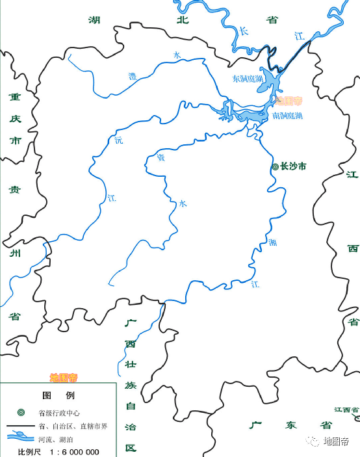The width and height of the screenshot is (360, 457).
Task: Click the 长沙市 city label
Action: [293, 166]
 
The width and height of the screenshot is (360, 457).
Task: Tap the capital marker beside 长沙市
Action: [275, 166]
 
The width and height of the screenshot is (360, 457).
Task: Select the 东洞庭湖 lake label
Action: [248, 79]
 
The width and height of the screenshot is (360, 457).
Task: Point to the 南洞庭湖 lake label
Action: [287, 115]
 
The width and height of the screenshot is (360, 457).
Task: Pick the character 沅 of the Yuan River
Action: [118, 140]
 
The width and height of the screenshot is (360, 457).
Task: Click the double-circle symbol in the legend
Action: [21, 413]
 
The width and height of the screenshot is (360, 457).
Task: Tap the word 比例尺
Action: [29, 452]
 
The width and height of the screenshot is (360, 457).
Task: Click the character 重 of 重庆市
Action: [14, 98]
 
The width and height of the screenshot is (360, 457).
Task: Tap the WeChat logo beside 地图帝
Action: [314, 442]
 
